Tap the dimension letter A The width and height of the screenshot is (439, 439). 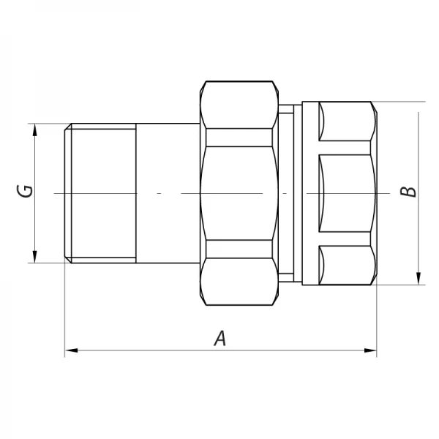pyautogui.click(x=219, y=339)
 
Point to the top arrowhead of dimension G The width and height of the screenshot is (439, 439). pyautogui.click(x=34, y=130)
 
